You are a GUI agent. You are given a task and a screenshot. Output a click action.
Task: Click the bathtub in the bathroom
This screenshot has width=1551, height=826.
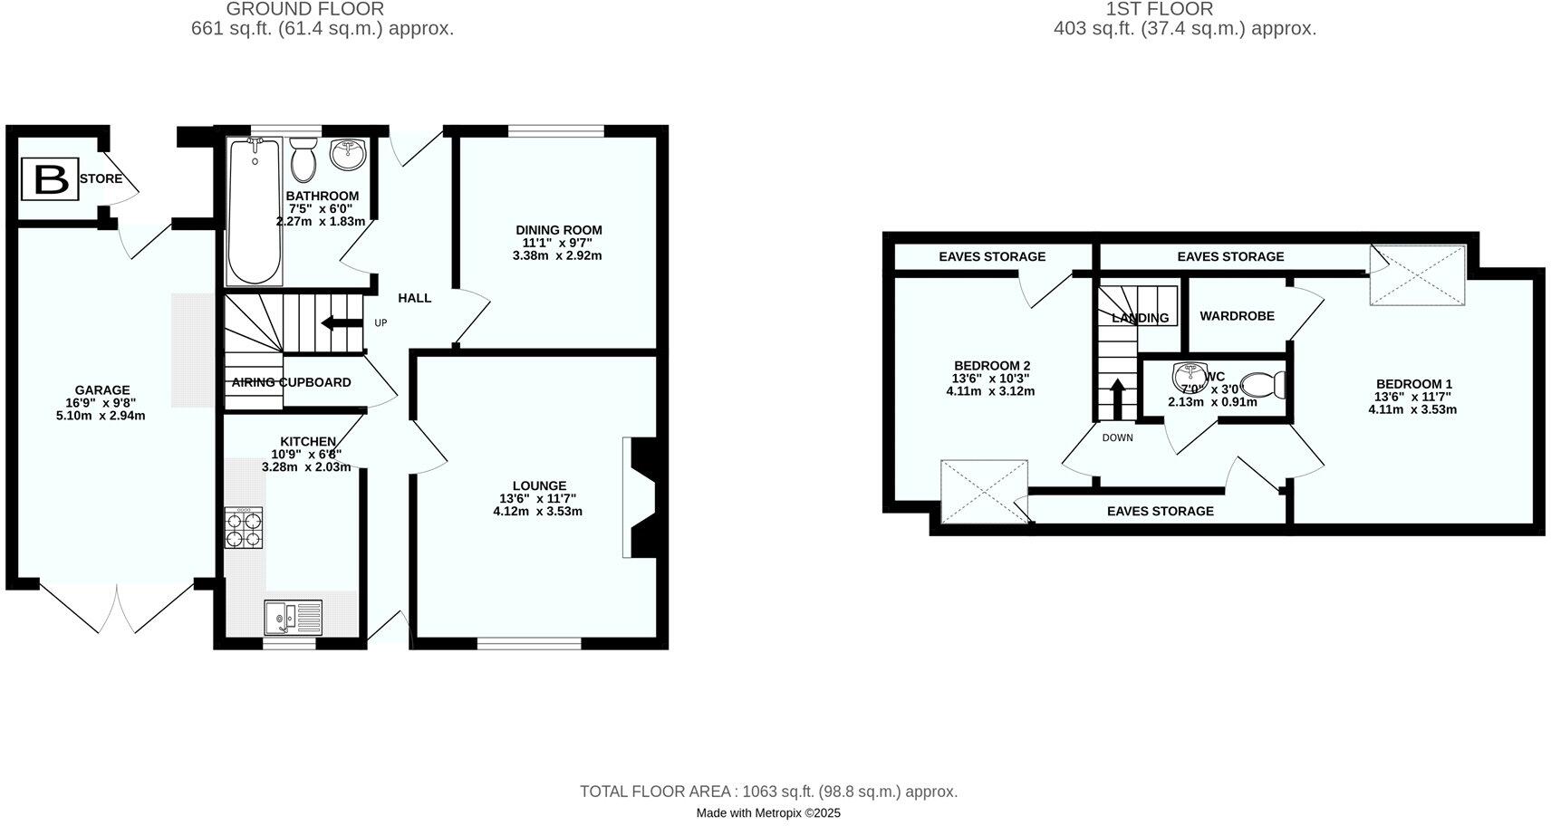point(255,212)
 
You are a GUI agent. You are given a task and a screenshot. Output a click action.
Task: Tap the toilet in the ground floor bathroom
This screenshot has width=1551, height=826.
point(303,160)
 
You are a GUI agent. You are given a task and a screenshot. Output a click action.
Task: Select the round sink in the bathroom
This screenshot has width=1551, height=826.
point(348,154)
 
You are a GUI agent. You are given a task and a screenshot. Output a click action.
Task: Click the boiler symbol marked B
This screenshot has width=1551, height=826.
point(51,180)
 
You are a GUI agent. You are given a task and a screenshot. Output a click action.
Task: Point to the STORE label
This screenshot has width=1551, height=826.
point(101,178)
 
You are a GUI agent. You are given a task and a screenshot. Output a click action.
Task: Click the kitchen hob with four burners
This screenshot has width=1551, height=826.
point(243,528)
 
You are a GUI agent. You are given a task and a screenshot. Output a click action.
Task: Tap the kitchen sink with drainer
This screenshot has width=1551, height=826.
point(293,618)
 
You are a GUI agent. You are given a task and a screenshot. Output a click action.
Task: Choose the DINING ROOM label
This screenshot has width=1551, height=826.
point(558,230)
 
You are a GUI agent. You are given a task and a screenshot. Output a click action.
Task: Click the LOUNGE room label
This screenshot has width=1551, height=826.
point(539,485)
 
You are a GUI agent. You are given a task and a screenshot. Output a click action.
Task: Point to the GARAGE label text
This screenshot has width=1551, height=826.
point(102,390)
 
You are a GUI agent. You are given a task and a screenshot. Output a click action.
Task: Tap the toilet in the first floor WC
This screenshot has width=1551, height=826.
point(1267,385)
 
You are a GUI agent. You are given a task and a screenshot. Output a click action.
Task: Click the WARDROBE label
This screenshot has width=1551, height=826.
point(1237,316)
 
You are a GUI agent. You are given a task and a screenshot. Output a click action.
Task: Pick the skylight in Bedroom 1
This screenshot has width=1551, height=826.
point(1417,275)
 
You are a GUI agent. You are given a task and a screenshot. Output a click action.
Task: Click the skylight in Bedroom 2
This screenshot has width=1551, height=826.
point(985,492)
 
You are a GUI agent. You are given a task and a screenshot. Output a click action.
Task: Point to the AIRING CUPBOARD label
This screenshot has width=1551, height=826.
point(291,382)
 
